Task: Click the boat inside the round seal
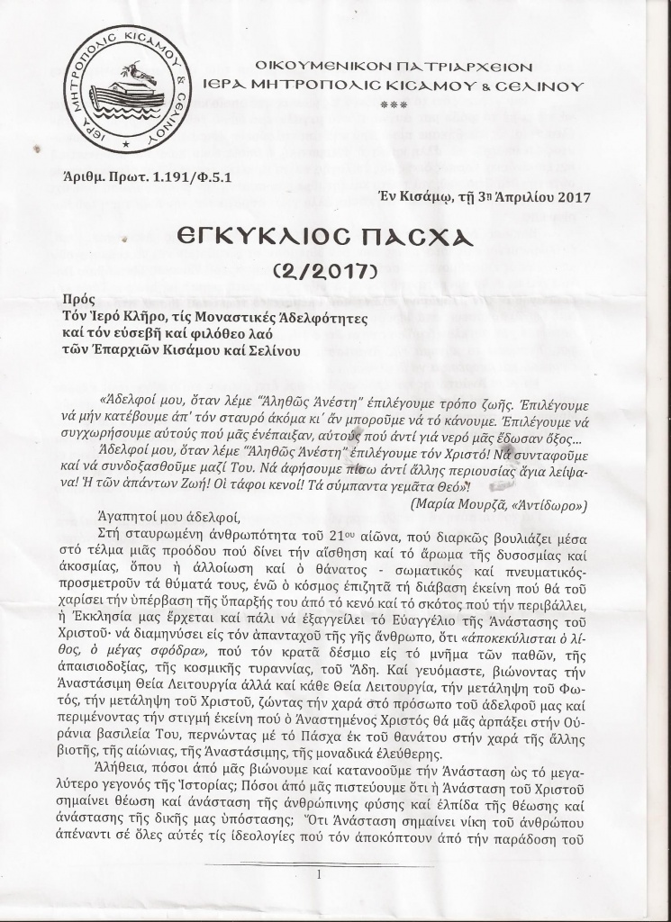point(122,93)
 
